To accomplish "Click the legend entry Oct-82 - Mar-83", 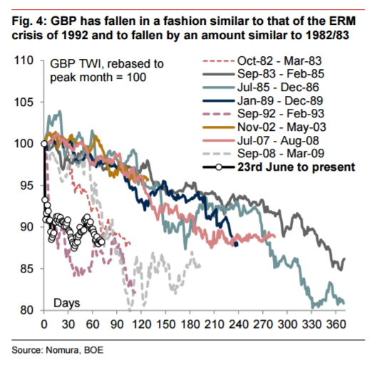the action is (x=279, y=61).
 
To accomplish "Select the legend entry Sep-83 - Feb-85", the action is (x=281, y=73).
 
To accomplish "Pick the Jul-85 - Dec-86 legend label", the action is (x=279, y=87).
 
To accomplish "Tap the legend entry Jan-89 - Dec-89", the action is (x=280, y=100).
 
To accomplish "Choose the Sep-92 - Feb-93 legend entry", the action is (x=281, y=113).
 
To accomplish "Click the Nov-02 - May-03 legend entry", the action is (x=282, y=127).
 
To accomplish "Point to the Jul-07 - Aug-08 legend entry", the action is (x=279, y=141).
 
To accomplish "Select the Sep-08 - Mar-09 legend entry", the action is (x=281, y=154).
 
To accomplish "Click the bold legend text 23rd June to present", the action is (x=296, y=167).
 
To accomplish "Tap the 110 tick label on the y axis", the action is (x=24, y=60).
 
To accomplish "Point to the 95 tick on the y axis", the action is (x=27, y=186).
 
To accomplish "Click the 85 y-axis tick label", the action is (x=27, y=269).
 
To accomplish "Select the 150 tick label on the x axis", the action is (x=165, y=324).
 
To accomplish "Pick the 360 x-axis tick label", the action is (x=336, y=324).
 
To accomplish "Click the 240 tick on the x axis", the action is (x=239, y=324).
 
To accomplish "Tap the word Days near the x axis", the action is (x=67, y=303).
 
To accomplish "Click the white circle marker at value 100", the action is (x=44, y=144).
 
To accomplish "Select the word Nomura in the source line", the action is (x=63, y=350).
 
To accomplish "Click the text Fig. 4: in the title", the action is (x=29, y=21).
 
